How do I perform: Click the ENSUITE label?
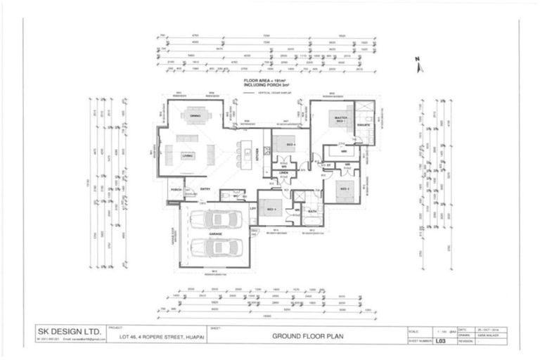point(364,126)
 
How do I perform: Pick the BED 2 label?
point(345,188)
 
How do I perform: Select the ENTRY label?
point(205,188)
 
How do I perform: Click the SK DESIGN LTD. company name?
point(69,330)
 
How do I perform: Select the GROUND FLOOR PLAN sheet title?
point(302,336)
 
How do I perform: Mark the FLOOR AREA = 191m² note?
point(266,82)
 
